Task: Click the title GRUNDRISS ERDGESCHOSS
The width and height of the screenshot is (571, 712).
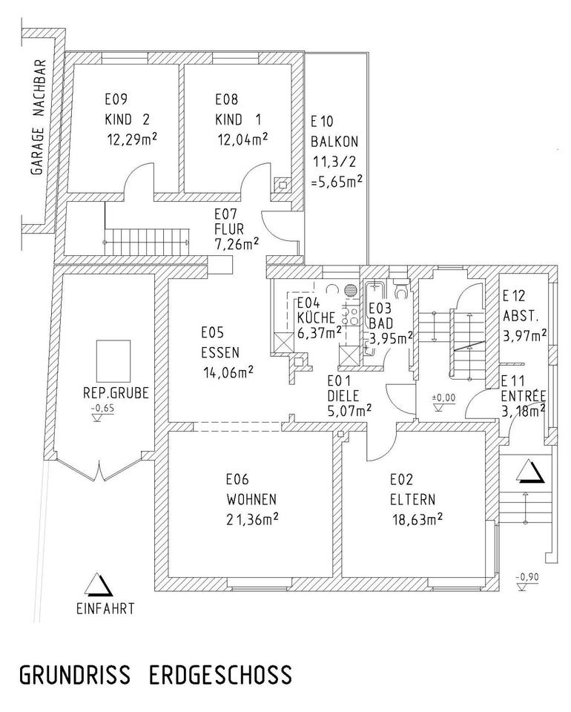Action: (x=155, y=676)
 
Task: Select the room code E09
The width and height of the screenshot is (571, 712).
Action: (x=116, y=99)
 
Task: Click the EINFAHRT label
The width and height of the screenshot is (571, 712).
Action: (x=105, y=609)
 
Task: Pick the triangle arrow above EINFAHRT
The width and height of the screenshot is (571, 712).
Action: (x=99, y=585)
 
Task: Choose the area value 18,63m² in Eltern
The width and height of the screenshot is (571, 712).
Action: (x=417, y=519)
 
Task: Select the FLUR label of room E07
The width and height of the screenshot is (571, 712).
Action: (x=228, y=228)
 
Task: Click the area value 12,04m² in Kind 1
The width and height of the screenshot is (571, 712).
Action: (x=242, y=139)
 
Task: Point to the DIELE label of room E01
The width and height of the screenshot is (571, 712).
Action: (x=345, y=395)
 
